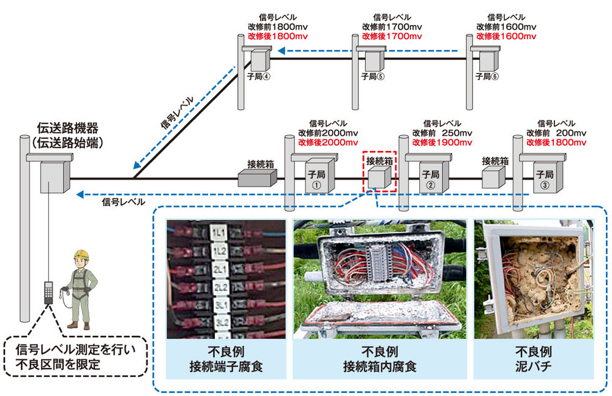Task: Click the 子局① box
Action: (317, 177)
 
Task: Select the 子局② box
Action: (430, 177)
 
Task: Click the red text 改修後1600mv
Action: (506, 37)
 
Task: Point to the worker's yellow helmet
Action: (80, 255)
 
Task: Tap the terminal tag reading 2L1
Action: (220, 269)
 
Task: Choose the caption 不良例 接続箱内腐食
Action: (379, 359)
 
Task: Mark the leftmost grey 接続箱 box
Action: (257, 177)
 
